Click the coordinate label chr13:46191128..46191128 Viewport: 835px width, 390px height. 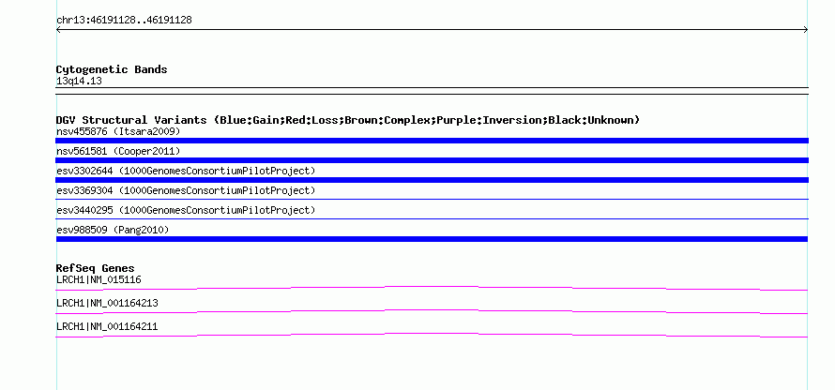click(124, 21)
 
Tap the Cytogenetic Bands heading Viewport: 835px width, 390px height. click(112, 69)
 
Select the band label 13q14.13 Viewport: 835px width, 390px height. click(79, 82)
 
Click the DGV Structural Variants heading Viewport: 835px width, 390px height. click(348, 120)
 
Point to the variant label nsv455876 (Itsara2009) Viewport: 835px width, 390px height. click(118, 131)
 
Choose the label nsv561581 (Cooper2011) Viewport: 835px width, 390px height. click(118, 152)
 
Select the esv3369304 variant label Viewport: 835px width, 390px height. click(186, 190)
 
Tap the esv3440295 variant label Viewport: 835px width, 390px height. click(186, 210)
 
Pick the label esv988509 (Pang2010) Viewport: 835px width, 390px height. click(113, 230)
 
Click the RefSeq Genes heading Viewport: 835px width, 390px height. click(96, 268)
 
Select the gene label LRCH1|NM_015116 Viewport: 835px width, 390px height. click(99, 280)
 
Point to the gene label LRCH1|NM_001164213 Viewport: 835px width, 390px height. click(107, 303)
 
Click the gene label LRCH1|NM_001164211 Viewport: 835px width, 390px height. click(107, 326)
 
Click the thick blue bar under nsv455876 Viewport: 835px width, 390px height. click(432, 141)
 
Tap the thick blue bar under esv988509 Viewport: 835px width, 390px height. click(432, 239)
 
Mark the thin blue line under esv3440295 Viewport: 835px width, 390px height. click(432, 218)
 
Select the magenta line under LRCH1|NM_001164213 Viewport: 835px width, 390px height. click(432, 310)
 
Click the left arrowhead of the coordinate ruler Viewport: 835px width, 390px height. click(57, 30)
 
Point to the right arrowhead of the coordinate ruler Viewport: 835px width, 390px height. click(807, 30)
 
